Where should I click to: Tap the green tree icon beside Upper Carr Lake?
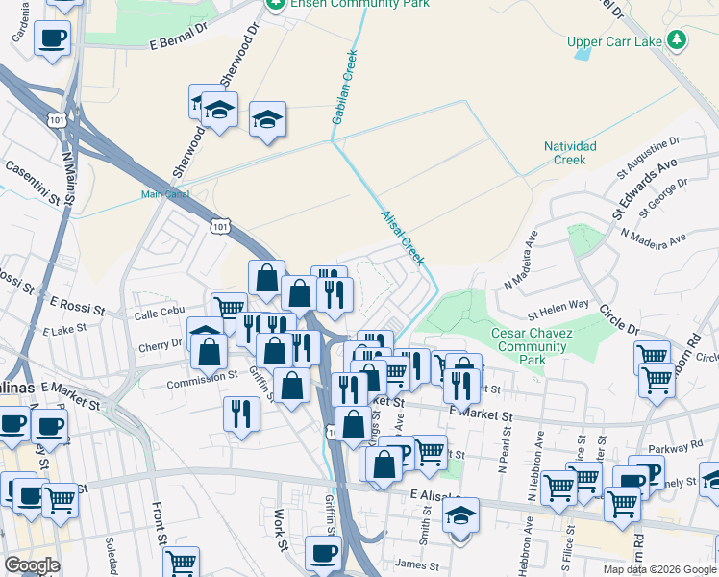tap(679, 39)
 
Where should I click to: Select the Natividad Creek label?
tap(570, 152)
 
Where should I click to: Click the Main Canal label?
tap(164, 193)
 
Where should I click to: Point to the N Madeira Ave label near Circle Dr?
tap(654, 236)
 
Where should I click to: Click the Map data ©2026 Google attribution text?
tap(658, 569)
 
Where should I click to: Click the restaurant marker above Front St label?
tap(239, 413)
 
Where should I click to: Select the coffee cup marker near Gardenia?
tap(52, 38)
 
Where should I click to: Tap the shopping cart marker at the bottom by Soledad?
tap(182, 561)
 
